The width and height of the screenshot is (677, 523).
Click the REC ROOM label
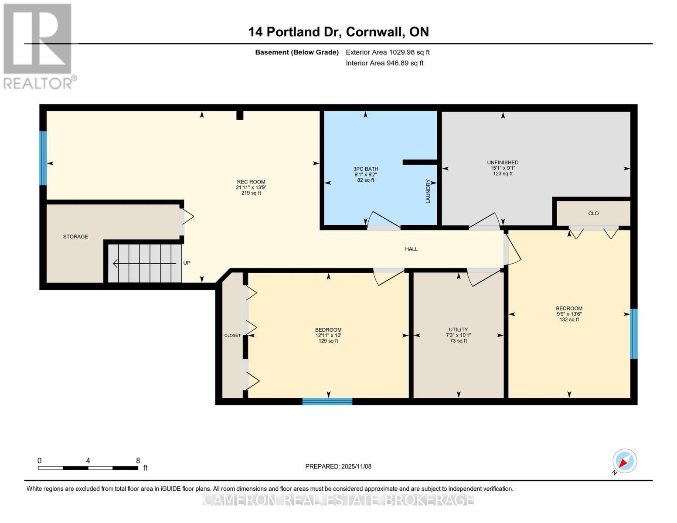[251, 182]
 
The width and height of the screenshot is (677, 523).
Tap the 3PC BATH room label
[365, 169]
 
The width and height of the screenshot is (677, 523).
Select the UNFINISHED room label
[503, 163]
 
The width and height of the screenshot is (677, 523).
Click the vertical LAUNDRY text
[428, 191]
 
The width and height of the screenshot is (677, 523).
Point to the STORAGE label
[75, 237]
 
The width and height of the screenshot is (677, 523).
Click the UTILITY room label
[458, 330]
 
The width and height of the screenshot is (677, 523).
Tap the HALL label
[411, 249]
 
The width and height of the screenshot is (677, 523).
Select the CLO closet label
[593, 214]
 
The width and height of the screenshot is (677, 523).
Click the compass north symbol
[624, 461]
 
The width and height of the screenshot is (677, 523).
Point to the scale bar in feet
[88, 468]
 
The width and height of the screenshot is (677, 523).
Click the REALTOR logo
[38, 46]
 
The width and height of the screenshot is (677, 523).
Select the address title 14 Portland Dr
[338, 32]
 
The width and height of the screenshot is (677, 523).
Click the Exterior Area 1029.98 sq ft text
[388, 52]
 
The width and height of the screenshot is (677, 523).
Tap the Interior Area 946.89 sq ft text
[384, 63]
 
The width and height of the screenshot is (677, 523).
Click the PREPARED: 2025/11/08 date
[338, 466]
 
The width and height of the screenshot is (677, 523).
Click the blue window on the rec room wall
[43, 158]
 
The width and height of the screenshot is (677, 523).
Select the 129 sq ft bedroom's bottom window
[327, 401]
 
